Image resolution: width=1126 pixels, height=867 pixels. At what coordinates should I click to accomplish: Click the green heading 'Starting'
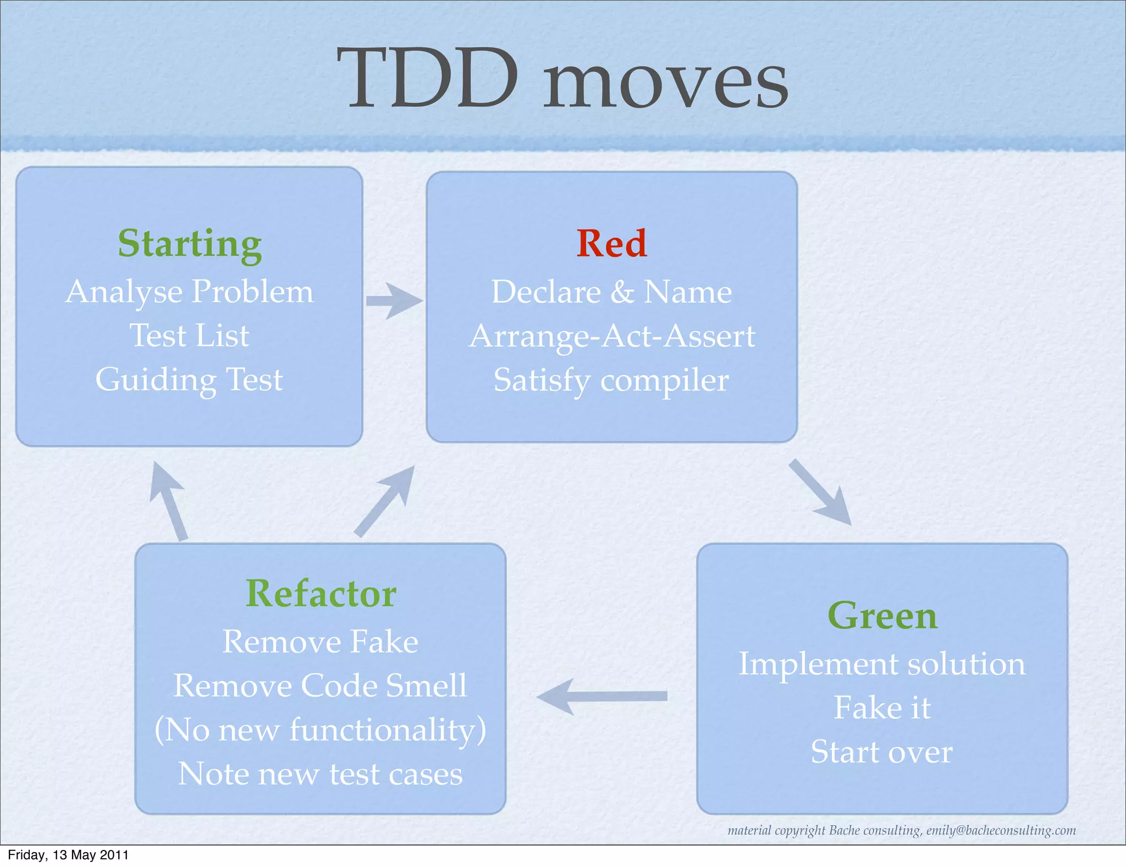190,243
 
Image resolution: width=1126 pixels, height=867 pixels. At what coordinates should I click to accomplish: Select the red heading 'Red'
611,243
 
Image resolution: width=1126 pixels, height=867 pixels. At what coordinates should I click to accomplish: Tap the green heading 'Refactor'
321,594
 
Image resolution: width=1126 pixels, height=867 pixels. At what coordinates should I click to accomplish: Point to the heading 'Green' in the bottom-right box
882,616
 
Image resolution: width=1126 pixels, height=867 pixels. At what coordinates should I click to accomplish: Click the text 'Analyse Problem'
190,292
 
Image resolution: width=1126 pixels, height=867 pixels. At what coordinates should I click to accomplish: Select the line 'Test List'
190,336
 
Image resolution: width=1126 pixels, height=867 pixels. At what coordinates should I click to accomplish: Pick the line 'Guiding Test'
190,380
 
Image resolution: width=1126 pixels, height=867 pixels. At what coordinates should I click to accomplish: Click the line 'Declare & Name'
611,292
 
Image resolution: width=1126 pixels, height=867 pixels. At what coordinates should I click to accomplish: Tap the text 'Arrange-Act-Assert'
611,336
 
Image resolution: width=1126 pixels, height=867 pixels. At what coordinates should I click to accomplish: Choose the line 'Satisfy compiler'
611,380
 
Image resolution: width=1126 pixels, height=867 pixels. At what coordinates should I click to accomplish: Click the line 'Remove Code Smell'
321,686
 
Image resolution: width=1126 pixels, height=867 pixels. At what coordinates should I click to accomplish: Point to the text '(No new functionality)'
321,730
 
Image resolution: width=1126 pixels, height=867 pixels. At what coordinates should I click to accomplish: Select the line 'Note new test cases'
321,774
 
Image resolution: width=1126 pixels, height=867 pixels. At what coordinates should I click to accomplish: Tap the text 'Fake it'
882,708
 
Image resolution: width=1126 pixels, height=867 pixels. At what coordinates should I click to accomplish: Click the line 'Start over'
882,752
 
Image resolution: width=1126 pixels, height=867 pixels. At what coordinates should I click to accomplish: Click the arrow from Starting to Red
394,300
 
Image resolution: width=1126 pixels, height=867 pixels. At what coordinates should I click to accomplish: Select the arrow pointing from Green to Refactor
602,696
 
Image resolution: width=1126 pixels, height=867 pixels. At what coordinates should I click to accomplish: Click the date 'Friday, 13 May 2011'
68,855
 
